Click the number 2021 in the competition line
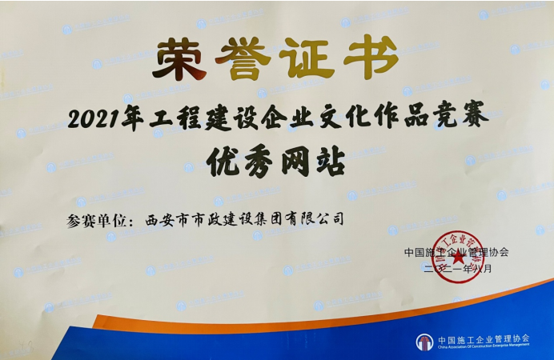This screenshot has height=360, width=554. (94, 120)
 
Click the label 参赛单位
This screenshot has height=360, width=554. (101, 218)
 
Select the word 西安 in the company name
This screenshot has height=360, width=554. (159, 218)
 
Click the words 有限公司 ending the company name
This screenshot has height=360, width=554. (318, 218)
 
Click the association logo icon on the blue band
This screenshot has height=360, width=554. (424, 342)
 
